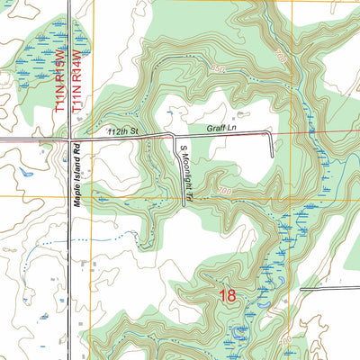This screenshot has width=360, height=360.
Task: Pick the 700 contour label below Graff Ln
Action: (224, 193)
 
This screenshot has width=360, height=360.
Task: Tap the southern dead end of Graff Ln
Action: (272, 159)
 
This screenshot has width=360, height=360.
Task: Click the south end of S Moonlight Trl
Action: (184, 207)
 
